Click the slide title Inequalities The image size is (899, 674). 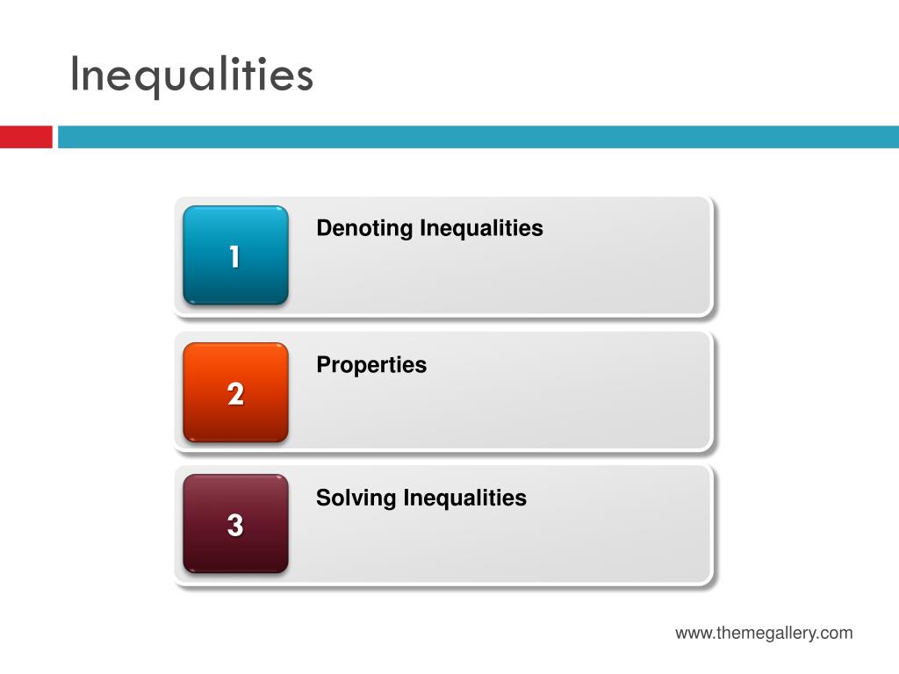pos(191,75)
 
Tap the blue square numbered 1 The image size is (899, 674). pos(235,255)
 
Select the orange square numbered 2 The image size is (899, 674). pos(235,392)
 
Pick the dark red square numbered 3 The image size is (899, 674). pos(235,524)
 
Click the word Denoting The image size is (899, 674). pos(364,229)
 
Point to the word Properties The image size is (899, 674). pos(371,365)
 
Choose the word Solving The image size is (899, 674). pos(356,498)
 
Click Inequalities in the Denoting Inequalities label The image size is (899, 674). pos(481,229)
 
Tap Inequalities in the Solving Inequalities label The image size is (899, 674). pos(465,498)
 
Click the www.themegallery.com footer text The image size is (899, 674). pos(764,633)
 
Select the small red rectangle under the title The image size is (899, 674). pos(25,137)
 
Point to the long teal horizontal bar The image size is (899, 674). pos(478,137)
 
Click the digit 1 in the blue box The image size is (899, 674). pos(234,257)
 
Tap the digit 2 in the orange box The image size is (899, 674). pos(235,394)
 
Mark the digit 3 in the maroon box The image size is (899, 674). pos(235,526)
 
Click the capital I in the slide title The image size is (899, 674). pos(75,74)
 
